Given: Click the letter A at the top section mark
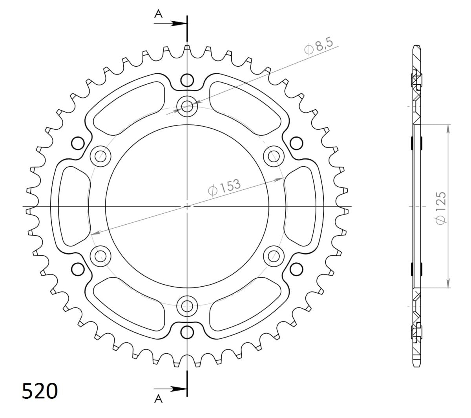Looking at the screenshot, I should coord(159,14).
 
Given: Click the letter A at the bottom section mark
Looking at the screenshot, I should coord(159,399).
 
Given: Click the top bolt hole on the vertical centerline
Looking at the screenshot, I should coord(187,106).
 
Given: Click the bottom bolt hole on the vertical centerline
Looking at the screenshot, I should coord(187,305).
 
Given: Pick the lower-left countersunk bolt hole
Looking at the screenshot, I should coord(100,256).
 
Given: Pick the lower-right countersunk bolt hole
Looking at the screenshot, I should coord(274,256).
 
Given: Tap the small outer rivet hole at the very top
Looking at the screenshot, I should coord(187,80).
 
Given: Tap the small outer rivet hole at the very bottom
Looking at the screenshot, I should coord(187,332).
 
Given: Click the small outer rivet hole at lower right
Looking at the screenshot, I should coord(296,269).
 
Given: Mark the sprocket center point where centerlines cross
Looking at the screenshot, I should coord(187,206).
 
